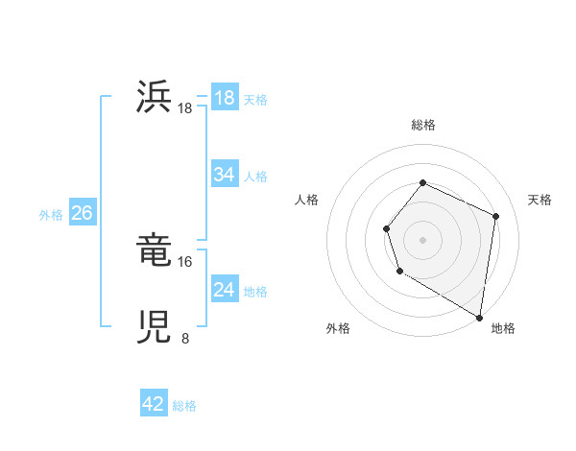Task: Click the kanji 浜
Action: click(155, 98)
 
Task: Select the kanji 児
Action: click(155, 328)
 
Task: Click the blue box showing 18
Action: click(225, 98)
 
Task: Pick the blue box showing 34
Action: click(225, 175)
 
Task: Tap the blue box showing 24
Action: click(225, 290)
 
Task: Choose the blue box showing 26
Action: click(82, 213)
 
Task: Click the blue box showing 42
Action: click(154, 404)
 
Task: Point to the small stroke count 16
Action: click(185, 261)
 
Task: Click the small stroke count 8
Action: click(185, 338)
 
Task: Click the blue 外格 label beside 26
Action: click(51, 215)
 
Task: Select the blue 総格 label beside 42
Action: click(184, 406)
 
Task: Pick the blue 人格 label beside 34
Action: click(255, 177)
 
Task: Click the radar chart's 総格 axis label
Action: click(422, 125)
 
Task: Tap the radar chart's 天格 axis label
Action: click(540, 200)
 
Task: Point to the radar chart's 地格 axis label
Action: click(503, 328)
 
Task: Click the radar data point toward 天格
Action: click(496, 216)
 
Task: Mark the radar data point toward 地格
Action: click(479, 317)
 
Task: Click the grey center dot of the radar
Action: click(422, 239)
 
